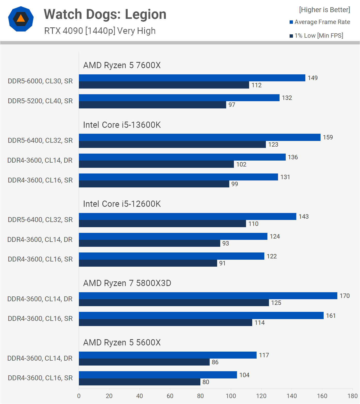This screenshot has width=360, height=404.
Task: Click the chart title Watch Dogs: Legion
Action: point(105,14)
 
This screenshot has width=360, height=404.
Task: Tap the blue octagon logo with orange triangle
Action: point(21,19)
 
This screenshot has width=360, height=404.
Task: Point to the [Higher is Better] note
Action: point(324,10)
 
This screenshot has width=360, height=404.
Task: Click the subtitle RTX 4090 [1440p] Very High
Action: point(100,31)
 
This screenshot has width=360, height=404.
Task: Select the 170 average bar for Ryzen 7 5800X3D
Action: point(208,296)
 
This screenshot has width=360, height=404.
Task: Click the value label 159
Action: point(328,137)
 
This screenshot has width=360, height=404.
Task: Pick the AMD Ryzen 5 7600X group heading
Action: point(122,65)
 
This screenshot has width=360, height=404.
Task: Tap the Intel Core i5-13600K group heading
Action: point(122,125)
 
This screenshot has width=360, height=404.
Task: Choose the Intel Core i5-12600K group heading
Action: point(122,204)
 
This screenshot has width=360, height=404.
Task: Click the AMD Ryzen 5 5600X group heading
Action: point(122,343)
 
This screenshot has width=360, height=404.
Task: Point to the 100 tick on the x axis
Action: point(231,396)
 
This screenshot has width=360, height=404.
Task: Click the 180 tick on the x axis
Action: point(352,396)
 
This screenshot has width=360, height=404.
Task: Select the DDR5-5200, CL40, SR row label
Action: point(40,101)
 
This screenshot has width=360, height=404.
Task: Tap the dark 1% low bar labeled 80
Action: point(140,382)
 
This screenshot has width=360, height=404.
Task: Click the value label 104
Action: point(244,375)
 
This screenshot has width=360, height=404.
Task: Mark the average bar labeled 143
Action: point(187,217)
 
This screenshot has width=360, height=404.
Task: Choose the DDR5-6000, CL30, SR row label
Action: point(40,81)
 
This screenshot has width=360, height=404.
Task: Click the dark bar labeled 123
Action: point(172,145)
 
